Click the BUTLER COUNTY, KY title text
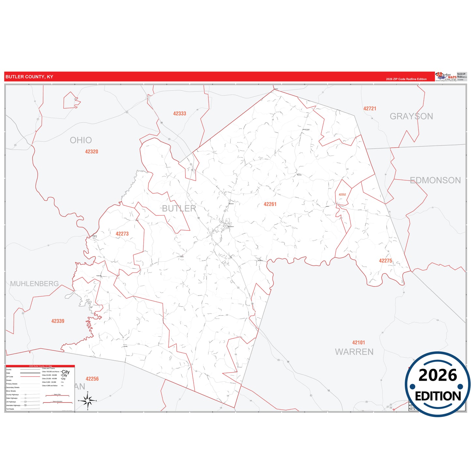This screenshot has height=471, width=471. tap(29, 77)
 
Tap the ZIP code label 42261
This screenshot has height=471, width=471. tap(270, 204)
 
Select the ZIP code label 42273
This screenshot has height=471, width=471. tap(122, 234)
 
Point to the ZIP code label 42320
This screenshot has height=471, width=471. tap(92, 152)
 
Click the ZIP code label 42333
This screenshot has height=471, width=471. tap(180, 114)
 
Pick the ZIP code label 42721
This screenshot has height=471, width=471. tap(370, 109)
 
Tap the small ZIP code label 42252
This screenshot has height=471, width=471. tap(342, 195)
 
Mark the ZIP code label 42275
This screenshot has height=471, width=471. tap(385, 261)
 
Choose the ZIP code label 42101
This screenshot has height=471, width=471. tap(359, 343)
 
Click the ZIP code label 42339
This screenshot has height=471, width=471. tap(58, 321)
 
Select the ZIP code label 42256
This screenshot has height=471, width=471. tap(92, 379)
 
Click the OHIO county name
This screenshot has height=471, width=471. tap(81, 140)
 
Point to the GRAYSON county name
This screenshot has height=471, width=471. tap(411, 116)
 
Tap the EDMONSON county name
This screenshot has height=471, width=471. tap(435, 180)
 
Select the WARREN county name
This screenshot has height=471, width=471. tap(354, 352)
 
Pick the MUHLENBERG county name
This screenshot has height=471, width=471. tap(35, 284)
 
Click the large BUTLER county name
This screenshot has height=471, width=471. tap(179, 209)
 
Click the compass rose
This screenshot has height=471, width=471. tap(88, 401)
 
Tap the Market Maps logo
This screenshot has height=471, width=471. tap(446, 77)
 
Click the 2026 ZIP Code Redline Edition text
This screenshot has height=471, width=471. tap(406, 79)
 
